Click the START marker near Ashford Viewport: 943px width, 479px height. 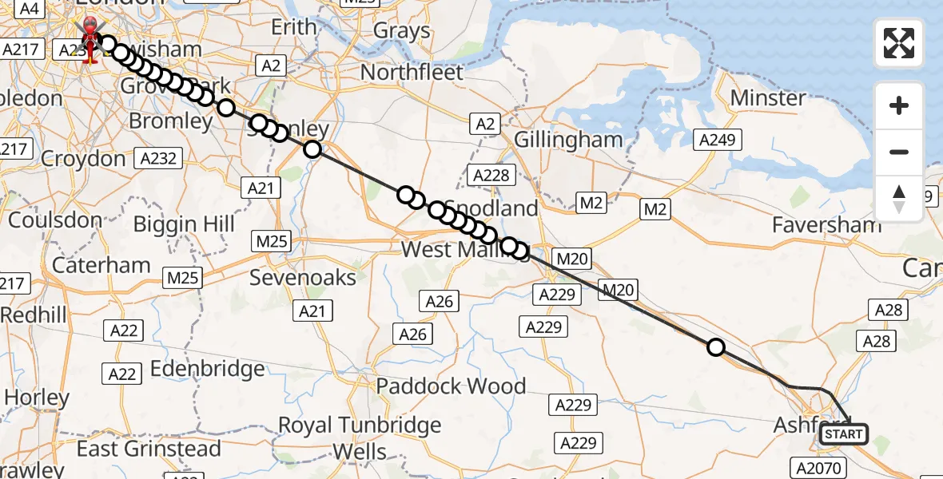tap(844, 434)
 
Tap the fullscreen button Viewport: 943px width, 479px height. tap(899, 43)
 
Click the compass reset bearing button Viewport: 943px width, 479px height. tap(899, 199)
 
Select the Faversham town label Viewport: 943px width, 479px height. tap(826, 225)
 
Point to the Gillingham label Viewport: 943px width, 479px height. tap(568, 140)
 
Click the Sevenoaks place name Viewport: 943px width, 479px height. tap(303, 278)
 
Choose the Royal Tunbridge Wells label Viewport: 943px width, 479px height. tap(360, 437)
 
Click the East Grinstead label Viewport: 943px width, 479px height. tap(149, 449)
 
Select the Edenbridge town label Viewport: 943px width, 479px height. tap(207, 369)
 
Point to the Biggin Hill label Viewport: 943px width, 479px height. tap(184, 224)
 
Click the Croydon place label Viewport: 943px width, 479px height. tap(83, 159)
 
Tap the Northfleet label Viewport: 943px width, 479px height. tap(412, 73)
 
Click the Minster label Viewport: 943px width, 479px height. tap(768, 98)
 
